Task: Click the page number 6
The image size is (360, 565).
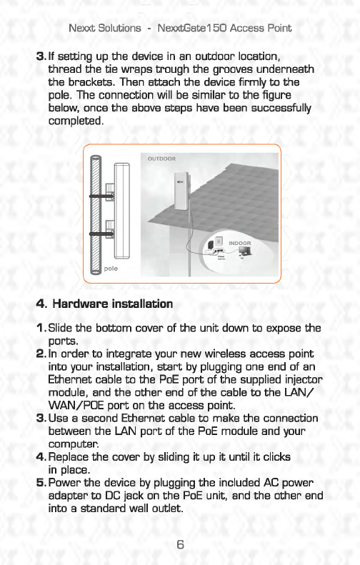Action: click(180, 544)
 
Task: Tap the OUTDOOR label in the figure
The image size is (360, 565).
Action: click(162, 159)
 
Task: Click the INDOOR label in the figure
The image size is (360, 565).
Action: click(239, 244)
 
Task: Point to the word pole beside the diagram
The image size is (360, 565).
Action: click(111, 269)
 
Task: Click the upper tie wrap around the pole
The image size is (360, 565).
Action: click(101, 196)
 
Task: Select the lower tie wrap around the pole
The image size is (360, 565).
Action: click(101, 234)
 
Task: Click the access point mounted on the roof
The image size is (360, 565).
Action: click(181, 191)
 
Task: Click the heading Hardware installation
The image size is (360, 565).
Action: click(113, 304)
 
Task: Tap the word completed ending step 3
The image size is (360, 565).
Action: click(76, 121)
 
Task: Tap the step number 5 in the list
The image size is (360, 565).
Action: click(41, 483)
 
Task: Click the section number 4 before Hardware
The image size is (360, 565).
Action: click(41, 304)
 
